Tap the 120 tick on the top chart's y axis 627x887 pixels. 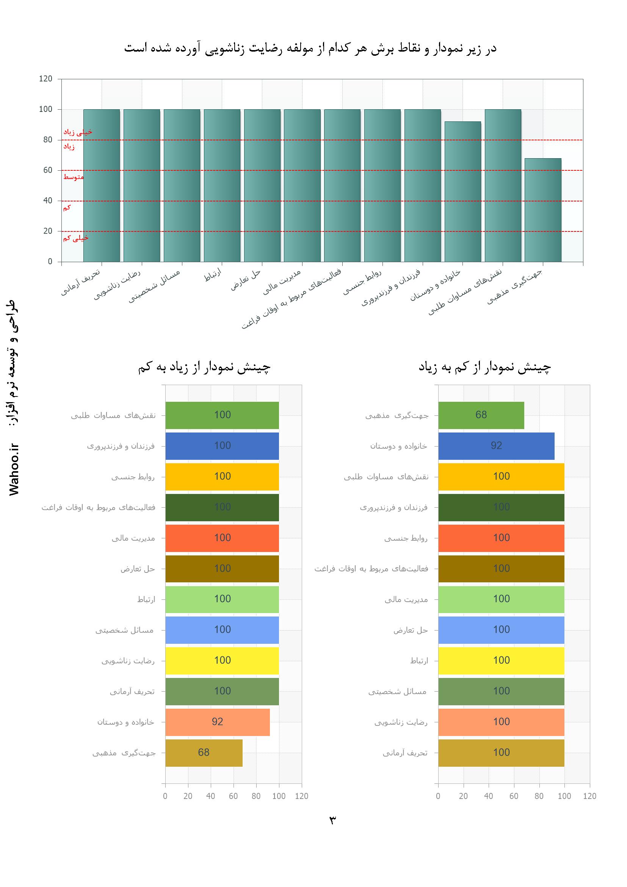[x=45, y=79]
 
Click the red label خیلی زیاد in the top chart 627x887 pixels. [x=78, y=132]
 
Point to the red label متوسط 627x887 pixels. [x=74, y=177]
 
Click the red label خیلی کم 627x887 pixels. [x=76, y=238]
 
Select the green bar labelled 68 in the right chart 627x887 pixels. [x=481, y=415]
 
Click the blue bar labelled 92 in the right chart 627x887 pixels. [x=496, y=446]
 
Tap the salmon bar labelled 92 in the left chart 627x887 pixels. [x=217, y=722]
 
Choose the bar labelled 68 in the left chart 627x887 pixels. [x=204, y=753]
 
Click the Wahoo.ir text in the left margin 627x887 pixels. [x=14, y=470]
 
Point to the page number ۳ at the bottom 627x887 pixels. [x=332, y=820]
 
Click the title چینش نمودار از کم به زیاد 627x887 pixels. [x=484, y=367]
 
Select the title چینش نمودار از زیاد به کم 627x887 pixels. [x=204, y=367]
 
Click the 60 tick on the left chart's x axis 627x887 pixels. [x=233, y=796]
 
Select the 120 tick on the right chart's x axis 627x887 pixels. [x=589, y=796]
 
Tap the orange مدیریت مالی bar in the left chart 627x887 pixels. [x=222, y=538]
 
